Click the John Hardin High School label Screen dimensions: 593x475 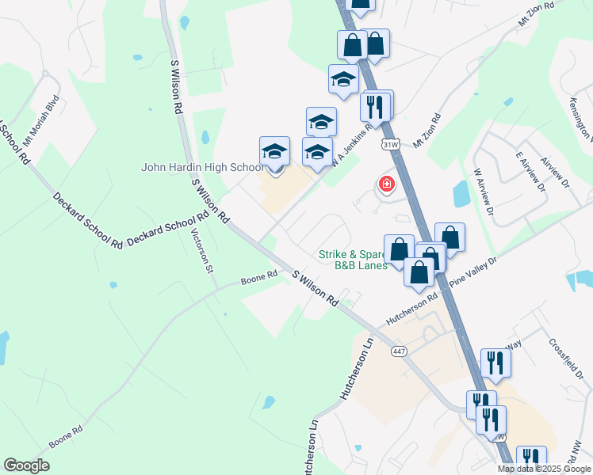pyautogui.click(x=202, y=167)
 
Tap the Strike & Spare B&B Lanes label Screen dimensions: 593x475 pyautogui.click(x=353, y=260)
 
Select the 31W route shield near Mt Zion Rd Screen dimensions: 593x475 pyautogui.click(x=389, y=145)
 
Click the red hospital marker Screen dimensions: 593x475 pyautogui.click(x=386, y=184)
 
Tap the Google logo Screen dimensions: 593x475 pyautogui.click(x=26, y=465)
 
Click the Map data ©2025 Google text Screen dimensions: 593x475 pyautogui.click(x=545, y=469)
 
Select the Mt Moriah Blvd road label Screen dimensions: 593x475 pyautogui.click(x=40, y=118)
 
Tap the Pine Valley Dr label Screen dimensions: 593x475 pyautogui.click(x=472, y=272)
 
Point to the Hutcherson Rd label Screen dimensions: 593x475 pyautogui.click(x=411, y=310)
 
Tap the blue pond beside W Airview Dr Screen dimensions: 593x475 pyautogui.click(x=461, y=193)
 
